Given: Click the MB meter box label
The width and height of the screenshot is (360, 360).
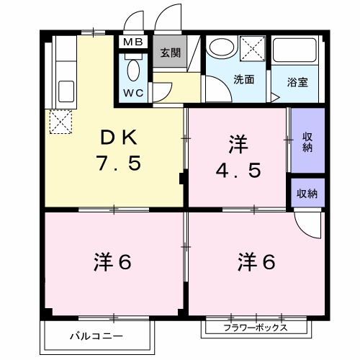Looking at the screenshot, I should tap(132, 42).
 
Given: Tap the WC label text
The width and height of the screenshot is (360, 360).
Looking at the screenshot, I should tap(132, 93).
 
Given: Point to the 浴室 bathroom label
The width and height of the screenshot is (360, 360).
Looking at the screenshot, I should tap(297, 81).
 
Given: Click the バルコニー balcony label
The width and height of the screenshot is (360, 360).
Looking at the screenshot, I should tap(96, 336).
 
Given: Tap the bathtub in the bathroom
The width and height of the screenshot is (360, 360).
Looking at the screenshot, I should tap(298, 50).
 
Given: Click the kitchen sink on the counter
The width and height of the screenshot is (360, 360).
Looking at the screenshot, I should tap(66, 91).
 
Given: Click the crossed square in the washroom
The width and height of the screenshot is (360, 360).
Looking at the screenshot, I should tap(255, 49).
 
